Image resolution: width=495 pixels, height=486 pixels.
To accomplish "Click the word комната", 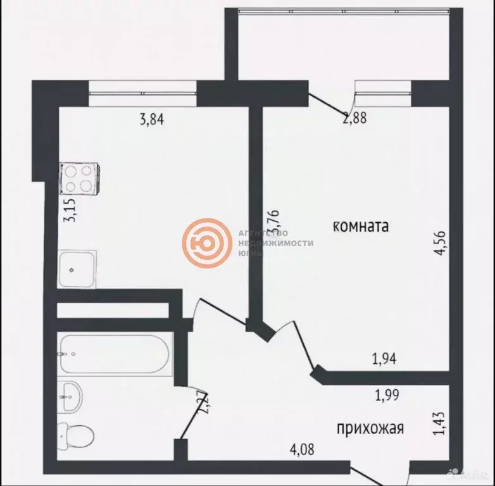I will [x=360, y=225].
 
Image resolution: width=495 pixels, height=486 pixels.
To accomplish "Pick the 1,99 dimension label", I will [x=387, y=397].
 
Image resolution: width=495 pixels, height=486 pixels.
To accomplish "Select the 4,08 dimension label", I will [x=301, y=451].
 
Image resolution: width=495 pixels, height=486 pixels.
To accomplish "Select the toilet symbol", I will [x=77, y=435].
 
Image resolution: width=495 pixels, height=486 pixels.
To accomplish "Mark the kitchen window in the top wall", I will [x=142, y=94].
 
